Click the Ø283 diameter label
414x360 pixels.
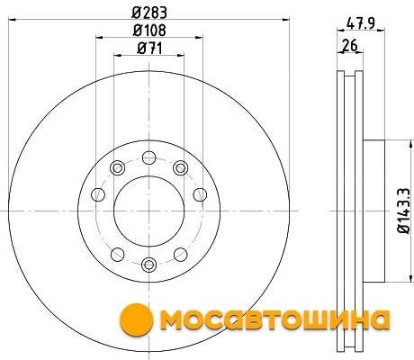pyautogui.click(x=149, y=13)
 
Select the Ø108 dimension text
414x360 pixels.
pyautogui.click(x=149, y=31)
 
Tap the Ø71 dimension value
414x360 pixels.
pyautogui.click(x=149, y=49)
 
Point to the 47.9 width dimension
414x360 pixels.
pyautogui.click(x=360, y=23)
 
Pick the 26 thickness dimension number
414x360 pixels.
pyautogui.click(x=350, y=46)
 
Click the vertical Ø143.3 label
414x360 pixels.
pyautogui.click(x=404, y=211)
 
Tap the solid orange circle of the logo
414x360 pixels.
pyautogui.click(x=137, y=319)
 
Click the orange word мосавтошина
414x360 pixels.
pyautogui.click(x=274, y=319)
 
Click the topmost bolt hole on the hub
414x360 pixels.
pyautogui.click(x=149, y=157)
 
